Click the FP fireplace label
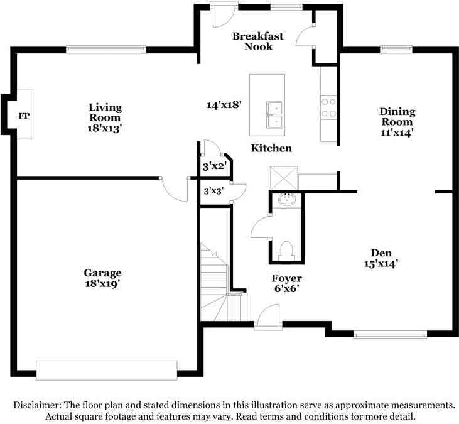[24, 116]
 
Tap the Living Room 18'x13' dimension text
[104, 128]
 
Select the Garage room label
[102, 273]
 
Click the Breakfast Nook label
[258, 41]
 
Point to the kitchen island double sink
[274, 115]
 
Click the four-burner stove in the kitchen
[328, 107]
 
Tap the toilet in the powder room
[286, 251]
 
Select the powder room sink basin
[287, 200]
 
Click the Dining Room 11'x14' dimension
[397, 133]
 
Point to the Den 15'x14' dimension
[381, 264]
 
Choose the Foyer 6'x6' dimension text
[286, 289]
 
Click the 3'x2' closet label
[215, 166]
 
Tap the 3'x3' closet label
[213, 191]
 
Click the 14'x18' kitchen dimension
[224, 104]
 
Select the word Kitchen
[271, 148]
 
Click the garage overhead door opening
[107, 371]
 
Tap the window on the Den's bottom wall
[390, 334]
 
